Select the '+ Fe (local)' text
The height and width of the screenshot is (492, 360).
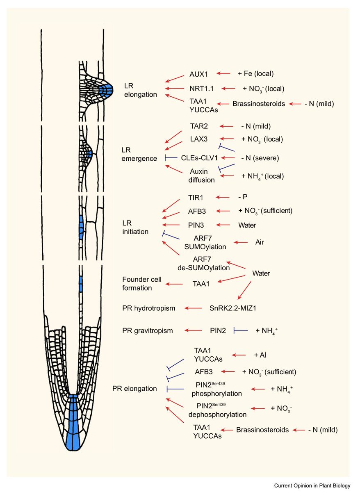(x=255, y=74)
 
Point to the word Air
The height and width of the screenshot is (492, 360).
(x=259, y=242)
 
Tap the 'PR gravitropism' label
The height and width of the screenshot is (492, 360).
(x=148, y=330)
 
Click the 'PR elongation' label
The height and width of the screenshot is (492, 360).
(x=134, y=388)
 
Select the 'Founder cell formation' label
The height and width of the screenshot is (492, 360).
(x=142, y=284)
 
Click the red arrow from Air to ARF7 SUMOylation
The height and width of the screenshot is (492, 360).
(x=240, y=242)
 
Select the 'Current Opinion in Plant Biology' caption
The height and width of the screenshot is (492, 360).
(x=313, y=485)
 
